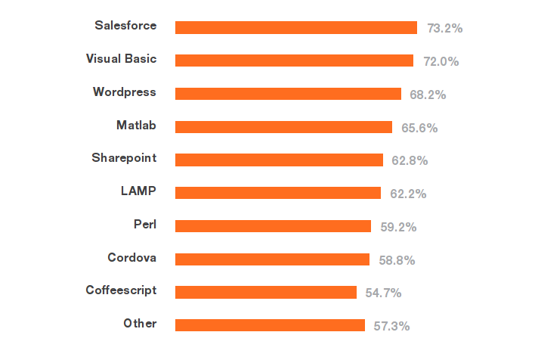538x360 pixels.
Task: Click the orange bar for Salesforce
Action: [296, 27]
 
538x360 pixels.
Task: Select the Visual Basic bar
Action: [294, 61]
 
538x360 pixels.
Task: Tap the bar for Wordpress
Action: [288, 94]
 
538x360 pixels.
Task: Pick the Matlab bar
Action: [283, 127]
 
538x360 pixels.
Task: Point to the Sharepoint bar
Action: [279, 160]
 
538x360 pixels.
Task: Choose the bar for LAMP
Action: [278, 193]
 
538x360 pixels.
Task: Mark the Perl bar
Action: [273, 226]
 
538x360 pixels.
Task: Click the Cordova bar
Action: [272, 259]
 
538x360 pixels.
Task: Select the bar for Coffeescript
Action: [266, 292]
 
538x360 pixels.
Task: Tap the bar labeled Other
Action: [270, 325]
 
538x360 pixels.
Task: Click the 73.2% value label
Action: [444, 28]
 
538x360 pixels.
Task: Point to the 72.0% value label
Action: [441, 61]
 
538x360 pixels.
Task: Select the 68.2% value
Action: [428, 95]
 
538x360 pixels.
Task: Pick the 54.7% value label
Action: [383, 293]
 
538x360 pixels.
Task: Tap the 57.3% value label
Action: [391, 326]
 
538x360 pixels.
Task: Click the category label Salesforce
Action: [125, 25]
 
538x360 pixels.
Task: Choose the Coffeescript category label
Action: [121, 290]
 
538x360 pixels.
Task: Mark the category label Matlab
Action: [136, 125]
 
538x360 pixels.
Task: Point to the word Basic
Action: [140, 58]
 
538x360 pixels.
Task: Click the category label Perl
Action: [144, 224]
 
